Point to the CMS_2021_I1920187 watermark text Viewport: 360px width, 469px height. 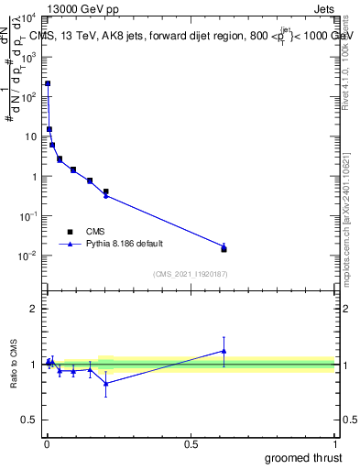click(x=189, y=274)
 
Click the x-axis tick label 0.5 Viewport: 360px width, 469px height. click(x=191, y=444)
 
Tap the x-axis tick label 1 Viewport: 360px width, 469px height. click(x=334, y=444)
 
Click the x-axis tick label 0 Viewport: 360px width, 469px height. click(x=47, y=444)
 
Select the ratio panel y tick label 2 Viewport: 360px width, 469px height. click(x=34, y=309)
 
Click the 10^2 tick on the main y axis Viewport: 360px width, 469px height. click(x=28, y=96)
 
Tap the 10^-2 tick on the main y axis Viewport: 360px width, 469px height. click(x=28, y=256)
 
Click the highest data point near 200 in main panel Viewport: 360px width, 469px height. click(x=48, y=83)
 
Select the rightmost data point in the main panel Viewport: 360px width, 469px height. click(x=224, y=248)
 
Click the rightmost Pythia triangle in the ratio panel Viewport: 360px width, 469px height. click(x=224, y=351)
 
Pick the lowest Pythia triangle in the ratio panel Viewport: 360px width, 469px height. click(x=106, y=383)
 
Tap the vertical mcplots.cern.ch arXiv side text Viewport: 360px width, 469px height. click(x=345, y=202)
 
